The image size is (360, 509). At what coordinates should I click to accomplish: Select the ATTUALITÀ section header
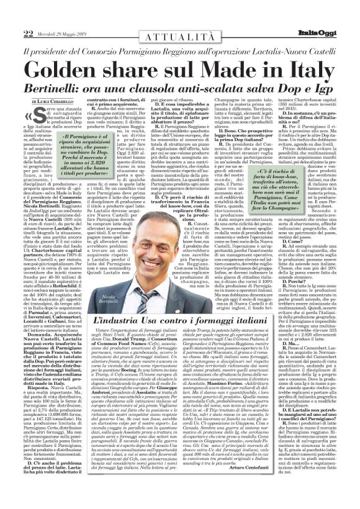tap(181, 15)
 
